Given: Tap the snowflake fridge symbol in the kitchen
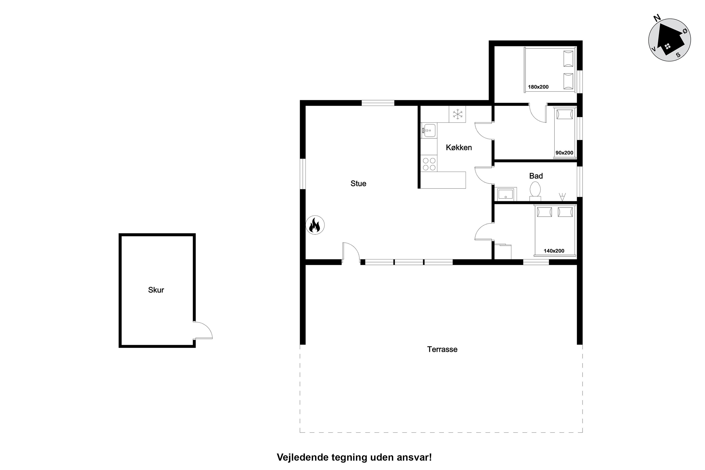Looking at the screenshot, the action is (457, 114).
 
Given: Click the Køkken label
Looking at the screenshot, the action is (459, 147).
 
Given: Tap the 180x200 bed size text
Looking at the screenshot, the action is (538, 87).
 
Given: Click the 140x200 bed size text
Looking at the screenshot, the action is (554, 251).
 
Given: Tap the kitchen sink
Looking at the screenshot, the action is (429, 130).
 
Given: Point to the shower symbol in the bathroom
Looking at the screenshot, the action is (563, 197).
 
